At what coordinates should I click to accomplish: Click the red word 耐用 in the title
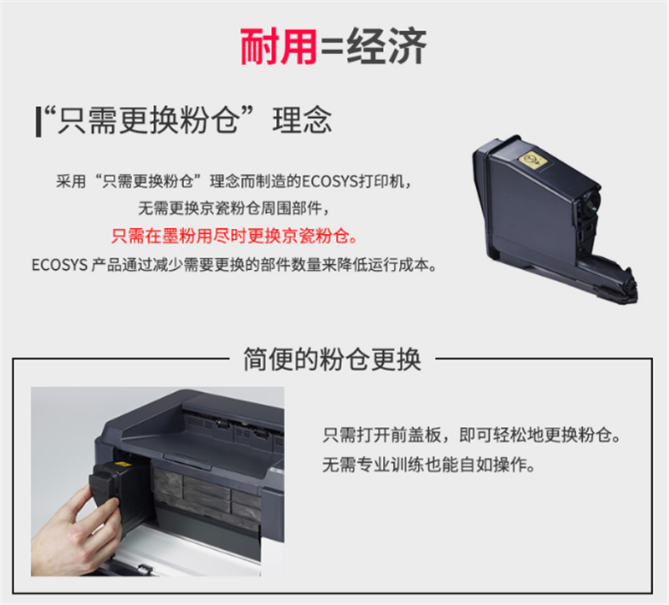(278, 47)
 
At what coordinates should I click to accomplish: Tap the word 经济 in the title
(386, 47)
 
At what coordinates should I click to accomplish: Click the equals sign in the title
(332, 48)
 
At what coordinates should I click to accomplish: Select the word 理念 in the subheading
(302, 120)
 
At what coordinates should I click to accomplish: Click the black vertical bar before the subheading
(38, 122)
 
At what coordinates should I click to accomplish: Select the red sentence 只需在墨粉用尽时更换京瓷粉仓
(234, 236)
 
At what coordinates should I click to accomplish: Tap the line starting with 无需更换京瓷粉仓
(234, 208)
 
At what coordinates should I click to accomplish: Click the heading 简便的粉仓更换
(332, 359)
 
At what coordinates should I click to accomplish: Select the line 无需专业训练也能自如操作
(428, 465)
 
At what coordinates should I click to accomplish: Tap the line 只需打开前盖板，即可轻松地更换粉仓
(472, 435)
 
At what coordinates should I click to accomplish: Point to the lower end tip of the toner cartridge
(635, 301)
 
